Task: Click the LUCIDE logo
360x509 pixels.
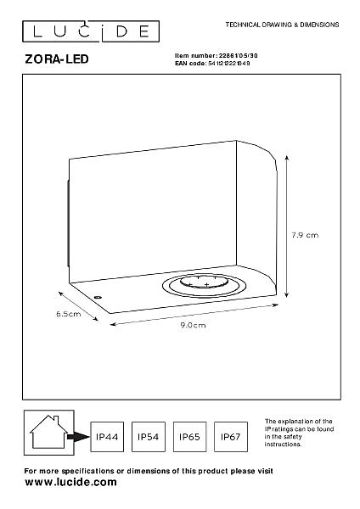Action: coord(91,31)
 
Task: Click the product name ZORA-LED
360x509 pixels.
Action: coord(57,59)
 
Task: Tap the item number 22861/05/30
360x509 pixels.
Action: coord(238,56)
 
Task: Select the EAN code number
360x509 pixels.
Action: coord(228,64)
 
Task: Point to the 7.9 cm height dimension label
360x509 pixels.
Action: coord(305,235)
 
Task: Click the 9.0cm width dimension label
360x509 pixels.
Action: coord(193,325)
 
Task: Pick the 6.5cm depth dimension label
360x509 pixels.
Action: coord(69,314)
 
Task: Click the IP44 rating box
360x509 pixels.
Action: coord(107,437)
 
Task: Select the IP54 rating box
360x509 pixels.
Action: coord(148,437)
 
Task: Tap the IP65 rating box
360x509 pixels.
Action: coord(189,437)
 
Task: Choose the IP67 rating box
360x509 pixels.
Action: coord(231,437)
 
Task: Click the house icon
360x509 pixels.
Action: coord(48,433)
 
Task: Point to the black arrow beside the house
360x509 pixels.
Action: coord(78,437)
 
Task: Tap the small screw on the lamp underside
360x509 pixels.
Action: coord(98,297)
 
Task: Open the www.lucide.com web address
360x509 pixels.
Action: coord(70,482)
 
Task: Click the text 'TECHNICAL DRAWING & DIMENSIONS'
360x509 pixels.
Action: coord(283,25)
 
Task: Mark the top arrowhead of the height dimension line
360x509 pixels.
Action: coord(287,158)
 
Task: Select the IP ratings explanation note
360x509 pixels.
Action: coord(299,433)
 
